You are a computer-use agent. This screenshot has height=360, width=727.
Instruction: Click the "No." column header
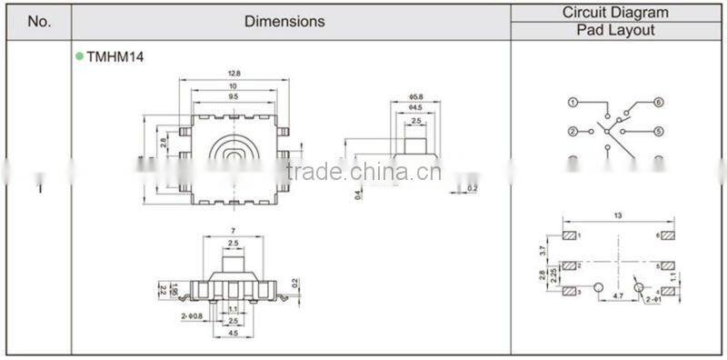(39, 20)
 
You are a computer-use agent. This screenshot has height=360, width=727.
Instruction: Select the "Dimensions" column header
(284, 20)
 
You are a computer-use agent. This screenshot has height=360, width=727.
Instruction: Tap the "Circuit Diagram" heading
(615, 12)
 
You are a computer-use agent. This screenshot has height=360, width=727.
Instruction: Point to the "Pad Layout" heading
(615, 30)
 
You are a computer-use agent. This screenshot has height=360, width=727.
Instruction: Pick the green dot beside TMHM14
(79, 56)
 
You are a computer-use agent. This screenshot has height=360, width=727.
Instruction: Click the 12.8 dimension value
(234, 74)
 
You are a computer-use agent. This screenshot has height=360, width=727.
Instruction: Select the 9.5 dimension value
(234, 95)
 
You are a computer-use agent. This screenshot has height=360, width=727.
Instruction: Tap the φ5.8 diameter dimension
(417, 97)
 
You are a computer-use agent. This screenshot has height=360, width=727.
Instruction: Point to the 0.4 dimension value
(359, 193)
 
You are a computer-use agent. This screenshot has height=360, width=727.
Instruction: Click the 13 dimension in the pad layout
(617, 215)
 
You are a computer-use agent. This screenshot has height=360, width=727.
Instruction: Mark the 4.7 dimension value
(619, 296)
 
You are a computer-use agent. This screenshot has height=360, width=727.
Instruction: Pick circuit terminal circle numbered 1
(573, 102)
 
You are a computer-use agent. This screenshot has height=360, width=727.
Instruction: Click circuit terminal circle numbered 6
(659, 102)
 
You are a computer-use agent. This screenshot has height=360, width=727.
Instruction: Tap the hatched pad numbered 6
(668, 235)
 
